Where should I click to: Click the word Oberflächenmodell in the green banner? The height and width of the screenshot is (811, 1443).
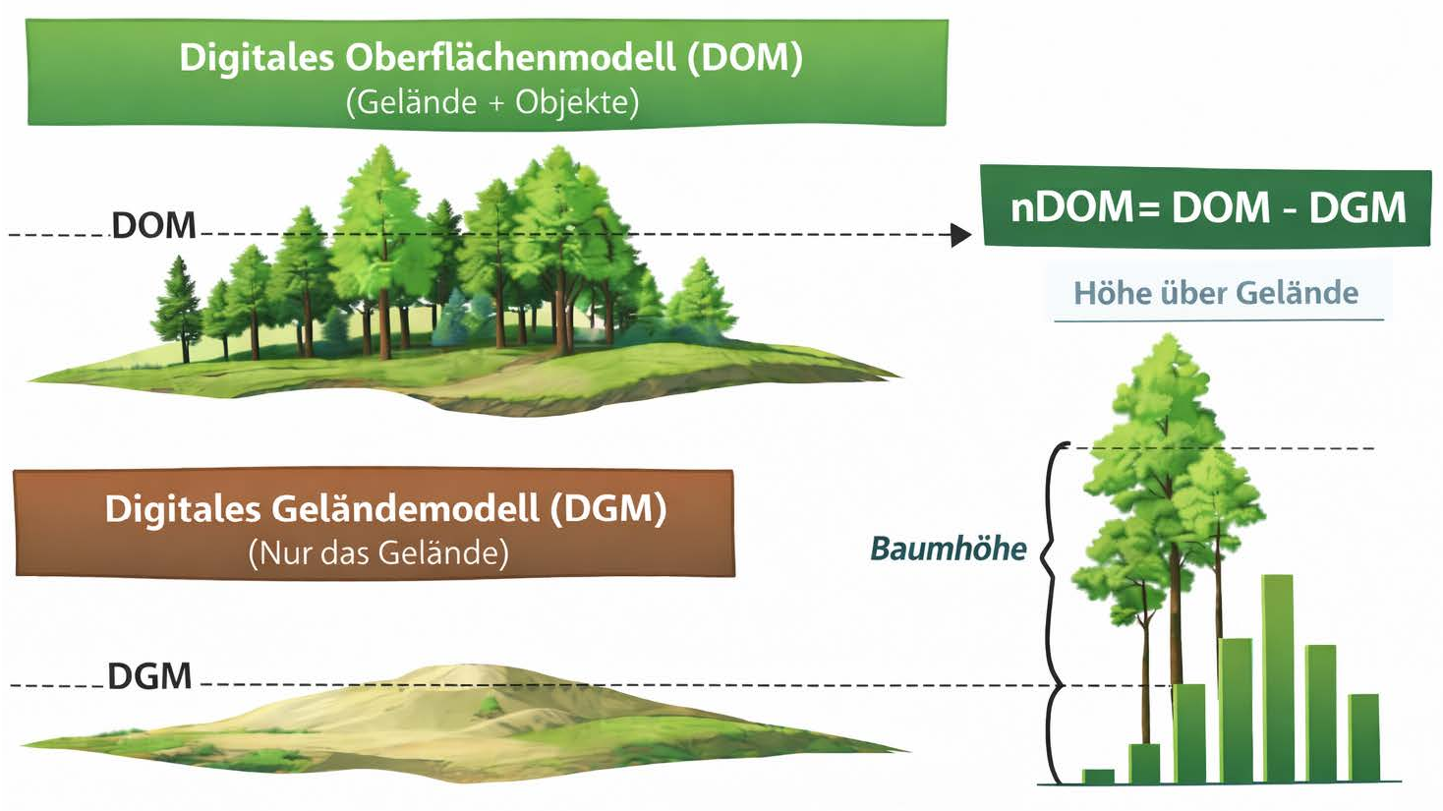tap(511, 58)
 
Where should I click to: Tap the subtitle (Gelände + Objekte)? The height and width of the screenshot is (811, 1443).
tap(491, 101)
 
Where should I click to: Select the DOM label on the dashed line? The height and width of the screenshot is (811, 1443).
tap(153, 226)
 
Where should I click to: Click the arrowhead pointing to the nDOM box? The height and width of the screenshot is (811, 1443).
tap(961, 235)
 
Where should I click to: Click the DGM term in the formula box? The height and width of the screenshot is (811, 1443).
tap(1357, 207)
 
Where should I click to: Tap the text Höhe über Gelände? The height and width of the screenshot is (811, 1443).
tap(1216, 292)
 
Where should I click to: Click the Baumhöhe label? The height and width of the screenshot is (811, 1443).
tap(948, 548)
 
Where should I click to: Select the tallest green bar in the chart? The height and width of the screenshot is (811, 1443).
tap(1277, 678)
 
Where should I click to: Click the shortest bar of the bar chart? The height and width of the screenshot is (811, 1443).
tap(1098, 777)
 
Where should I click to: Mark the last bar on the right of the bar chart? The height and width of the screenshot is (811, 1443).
tap(1363, 737)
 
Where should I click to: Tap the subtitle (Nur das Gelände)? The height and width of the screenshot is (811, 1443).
tap(378, 552)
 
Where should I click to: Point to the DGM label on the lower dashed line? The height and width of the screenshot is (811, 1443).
tap(149, 676)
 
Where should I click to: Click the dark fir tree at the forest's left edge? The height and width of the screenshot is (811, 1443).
tap(179, 305)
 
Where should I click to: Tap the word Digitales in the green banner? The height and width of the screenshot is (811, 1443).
tap(257, 58)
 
